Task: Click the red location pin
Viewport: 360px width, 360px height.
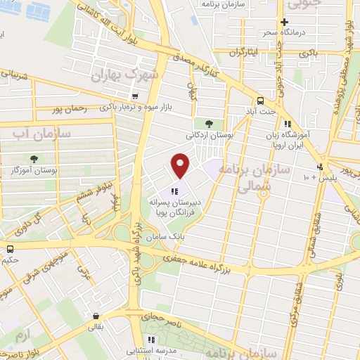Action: [x=181, y=165]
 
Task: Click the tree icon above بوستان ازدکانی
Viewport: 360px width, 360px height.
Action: [x=208, y=124]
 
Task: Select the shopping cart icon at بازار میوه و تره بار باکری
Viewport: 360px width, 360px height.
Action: [x=135, y=96]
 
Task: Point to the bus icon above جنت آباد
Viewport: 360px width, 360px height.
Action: [x=261, y=100]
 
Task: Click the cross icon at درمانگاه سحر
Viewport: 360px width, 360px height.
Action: [x=284, y=22]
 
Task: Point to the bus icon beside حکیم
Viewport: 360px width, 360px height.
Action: [x=11, y=248]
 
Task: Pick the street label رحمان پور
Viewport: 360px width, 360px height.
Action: [x=69, y=110]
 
